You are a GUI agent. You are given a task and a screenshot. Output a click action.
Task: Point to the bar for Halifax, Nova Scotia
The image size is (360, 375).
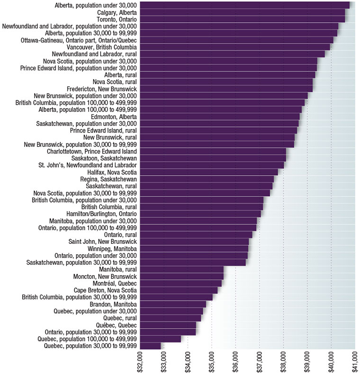point(209,172)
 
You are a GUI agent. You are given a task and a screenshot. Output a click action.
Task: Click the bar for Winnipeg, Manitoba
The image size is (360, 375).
point(194,249)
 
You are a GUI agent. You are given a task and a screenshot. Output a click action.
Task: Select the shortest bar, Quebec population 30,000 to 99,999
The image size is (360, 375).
point(151,346)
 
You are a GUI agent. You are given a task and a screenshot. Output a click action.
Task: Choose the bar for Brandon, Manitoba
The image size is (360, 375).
point(173,304)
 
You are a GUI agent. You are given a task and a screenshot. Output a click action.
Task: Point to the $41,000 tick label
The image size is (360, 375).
point(355,362)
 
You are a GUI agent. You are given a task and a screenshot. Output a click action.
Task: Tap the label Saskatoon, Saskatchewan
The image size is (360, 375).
point(104,158)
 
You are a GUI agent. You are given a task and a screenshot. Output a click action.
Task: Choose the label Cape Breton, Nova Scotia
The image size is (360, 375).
point(105,290)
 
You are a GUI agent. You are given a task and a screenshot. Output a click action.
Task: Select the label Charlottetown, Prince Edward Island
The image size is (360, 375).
point(92,152)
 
